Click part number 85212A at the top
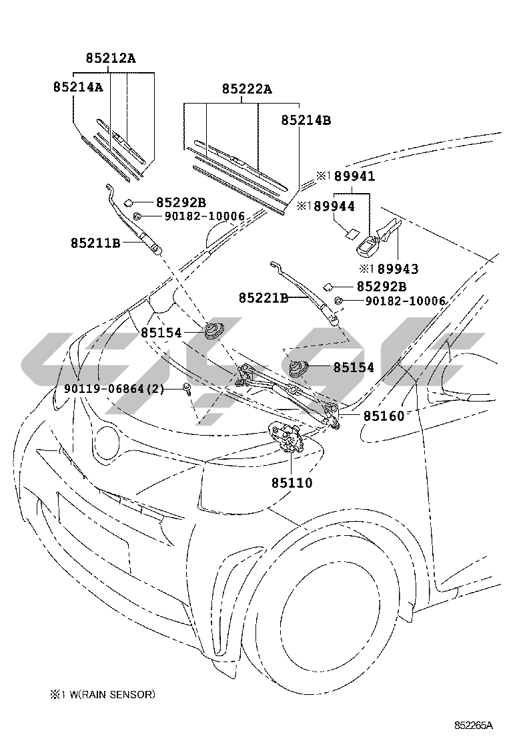(x=110, y=58)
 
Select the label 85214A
(x=77, y=87)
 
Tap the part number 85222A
(x=247, y=89)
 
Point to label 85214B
(x=306, y=120)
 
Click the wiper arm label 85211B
(x=95, y=243)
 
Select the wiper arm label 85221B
(x=264, y=297)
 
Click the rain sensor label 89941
(x=354, y=176)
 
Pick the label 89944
(x=334, y=206)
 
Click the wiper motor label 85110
(x=292, y=483)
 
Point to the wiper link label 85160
(x=384, y=416)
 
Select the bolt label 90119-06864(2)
(x=114, y=389)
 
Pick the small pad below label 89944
(x=351, y=234)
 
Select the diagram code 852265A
(x=474, y=726)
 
